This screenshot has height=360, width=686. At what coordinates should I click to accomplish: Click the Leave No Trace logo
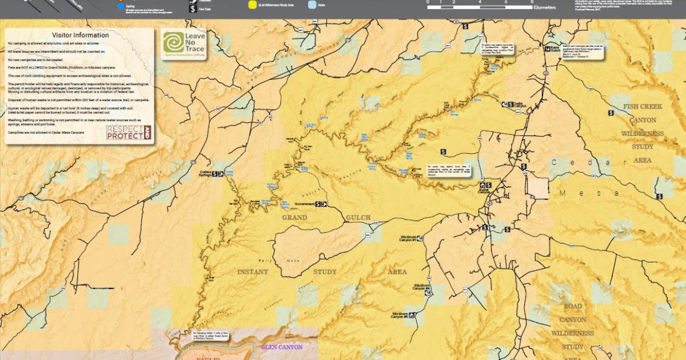tap(184, 45)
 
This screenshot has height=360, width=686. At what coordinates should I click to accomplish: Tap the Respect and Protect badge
tap(129, 133)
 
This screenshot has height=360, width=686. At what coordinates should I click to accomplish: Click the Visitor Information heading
tap(80, 35)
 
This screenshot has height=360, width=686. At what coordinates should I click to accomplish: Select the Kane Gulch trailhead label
tap(553, 49)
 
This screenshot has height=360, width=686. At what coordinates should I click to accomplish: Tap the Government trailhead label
tap(305, 204)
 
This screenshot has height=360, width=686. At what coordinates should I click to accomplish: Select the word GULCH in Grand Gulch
tap(358, 218)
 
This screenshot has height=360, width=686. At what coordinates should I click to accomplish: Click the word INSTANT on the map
tap(252, 272)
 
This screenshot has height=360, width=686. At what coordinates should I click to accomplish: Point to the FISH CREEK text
tap(643, 107)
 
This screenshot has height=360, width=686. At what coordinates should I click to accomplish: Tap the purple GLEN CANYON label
tap(281, 347)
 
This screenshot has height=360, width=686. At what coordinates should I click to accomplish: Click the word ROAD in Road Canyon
tap(572, 306)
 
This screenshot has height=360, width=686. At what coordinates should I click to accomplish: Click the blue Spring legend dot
tap(119, 7)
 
